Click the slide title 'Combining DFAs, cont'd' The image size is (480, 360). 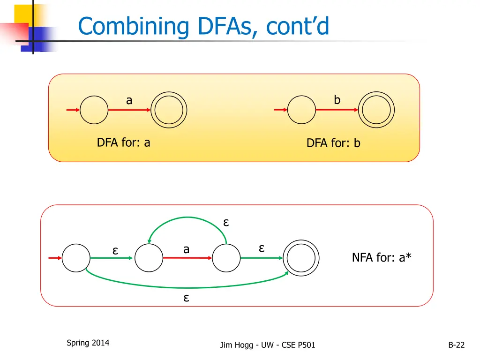(204, 26)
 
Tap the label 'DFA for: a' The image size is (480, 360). (123, 142)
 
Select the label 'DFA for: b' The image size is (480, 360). (333, 143)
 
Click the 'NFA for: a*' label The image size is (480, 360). (382, 257)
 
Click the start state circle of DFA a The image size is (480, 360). (94, 110)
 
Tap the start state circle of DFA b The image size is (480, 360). (301, 110)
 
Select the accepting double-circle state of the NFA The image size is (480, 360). (303, 258)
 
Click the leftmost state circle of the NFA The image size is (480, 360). (76, 258)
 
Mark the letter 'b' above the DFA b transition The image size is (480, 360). (337, 100)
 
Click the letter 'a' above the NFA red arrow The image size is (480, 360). (186, 249)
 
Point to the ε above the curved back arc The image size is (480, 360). (226, 222)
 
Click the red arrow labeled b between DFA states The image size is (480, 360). (337, 110)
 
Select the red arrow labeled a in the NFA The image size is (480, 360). (187, 258)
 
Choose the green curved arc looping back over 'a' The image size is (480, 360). (187, 217)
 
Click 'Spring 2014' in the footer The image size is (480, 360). (88, 343)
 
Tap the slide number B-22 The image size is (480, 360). (456, 345)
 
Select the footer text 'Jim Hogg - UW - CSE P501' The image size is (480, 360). (268, 345)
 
